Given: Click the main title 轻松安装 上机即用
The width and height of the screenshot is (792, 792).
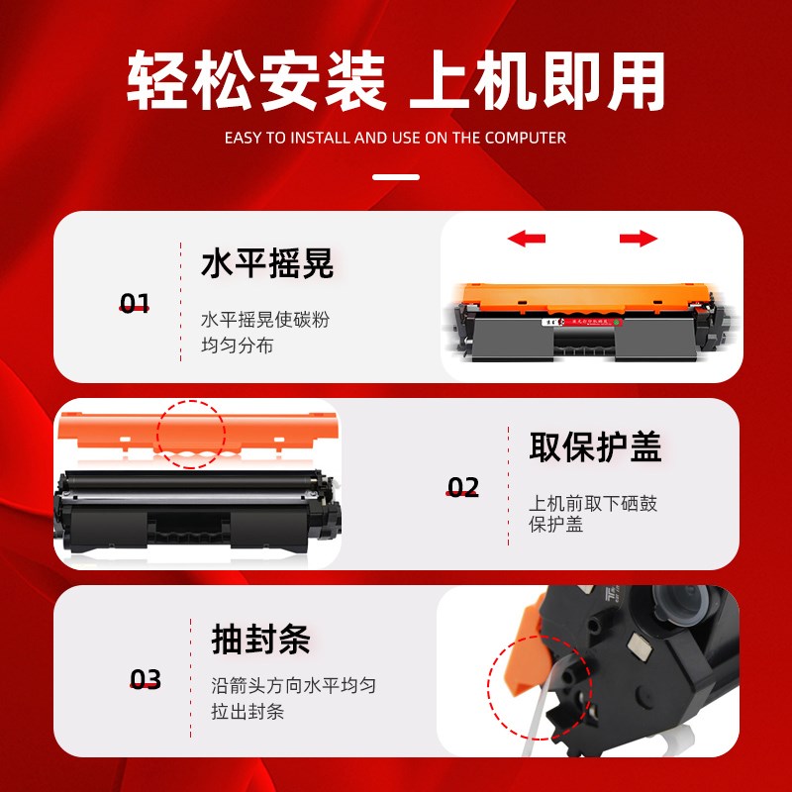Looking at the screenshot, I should click(396, 82).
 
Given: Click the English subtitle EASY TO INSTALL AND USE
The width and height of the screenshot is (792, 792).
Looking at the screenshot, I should click(396, 138).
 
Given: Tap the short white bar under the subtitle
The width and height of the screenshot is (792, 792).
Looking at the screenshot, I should click(396, 178).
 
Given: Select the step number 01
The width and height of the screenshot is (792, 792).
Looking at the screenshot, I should click(134, 303).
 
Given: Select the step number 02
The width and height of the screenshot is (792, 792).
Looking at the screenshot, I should click(462, 487).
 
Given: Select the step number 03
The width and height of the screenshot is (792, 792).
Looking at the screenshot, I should click(146, 679).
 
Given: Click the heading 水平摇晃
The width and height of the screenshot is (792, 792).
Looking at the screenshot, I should click(267, 264).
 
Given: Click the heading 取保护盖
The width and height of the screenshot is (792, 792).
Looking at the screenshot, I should click(595, 446).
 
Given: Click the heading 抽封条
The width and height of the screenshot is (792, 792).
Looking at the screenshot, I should click(260, 639).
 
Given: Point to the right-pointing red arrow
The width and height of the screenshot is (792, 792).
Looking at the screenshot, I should click(639, 239).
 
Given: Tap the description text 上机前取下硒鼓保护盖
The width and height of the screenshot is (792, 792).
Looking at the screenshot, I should click(592, 514).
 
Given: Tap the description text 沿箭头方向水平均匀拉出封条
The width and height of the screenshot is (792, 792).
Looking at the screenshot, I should click(293, 698).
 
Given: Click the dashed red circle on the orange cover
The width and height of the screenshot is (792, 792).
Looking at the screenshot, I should click(191, 435).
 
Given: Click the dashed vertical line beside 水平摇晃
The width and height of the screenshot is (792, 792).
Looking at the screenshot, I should click(181, 297).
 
